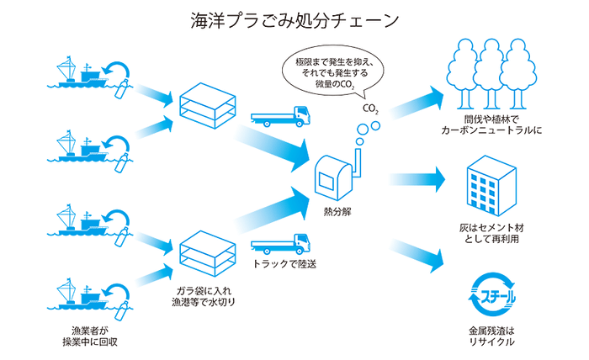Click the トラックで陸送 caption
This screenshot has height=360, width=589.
click(284, 265)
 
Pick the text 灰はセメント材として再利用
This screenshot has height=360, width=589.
click(493, 232)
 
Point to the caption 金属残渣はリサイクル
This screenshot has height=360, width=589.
click(493, 336)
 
